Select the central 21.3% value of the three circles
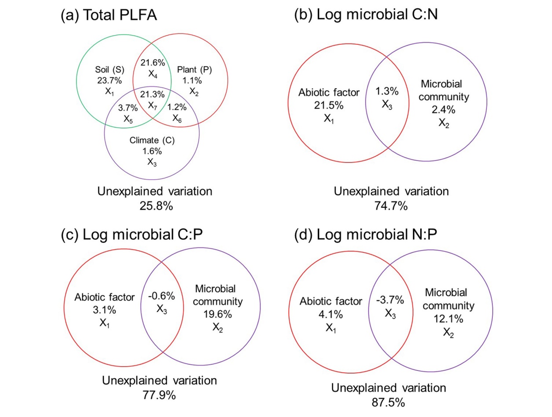153,94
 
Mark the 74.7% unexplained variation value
391,204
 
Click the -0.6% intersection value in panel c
162,296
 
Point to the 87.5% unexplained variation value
388,401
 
